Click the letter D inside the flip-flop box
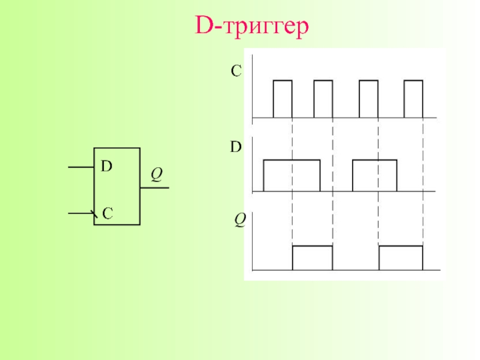click(x=106, y=166)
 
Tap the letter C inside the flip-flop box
click(x=107, y=212)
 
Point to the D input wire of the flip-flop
click(x=81, y=167)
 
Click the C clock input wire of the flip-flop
click(x=80, y=212)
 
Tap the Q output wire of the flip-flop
click(x=154, y=188)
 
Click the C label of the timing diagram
click(x=236, y=72)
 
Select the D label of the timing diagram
click(x=236, y=146)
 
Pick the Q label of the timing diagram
click(x=239, y=221)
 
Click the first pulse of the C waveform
click(x=283, y=98)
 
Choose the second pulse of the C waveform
click(x=323, y=98)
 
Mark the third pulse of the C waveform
click(x=368, y=98)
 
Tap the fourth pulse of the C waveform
click(x=413, y=98)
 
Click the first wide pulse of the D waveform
click(x=292, y=176)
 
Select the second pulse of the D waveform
click(x=374, y=176)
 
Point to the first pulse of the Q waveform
click(x=312, y=258)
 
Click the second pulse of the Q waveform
click(x=401, y=258)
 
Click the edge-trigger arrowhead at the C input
click(x=93, y=213)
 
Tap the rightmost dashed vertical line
click(x=423, y=180)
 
